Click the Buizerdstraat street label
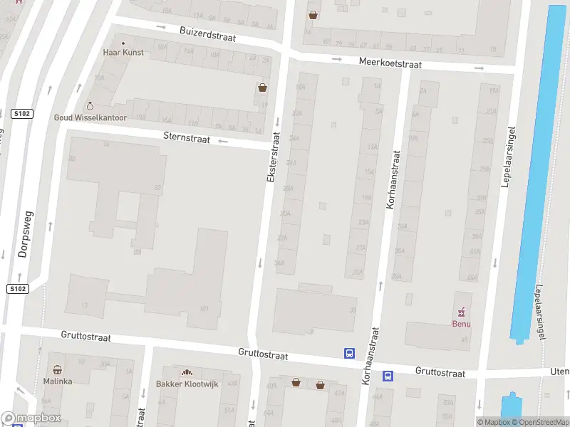click(207, 33)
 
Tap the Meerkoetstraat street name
click(390, 63)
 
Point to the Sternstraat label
click(186, 139)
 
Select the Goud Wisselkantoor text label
click(90, 117)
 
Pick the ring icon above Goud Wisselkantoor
click(90, 106)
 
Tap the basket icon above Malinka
click(58, 370)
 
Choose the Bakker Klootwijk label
click(187, 384)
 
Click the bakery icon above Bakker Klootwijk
click(187, 372)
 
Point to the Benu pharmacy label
click(462, 324)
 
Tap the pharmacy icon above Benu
click(462, 312)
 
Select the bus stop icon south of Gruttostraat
click(388, 376)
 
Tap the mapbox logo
click(30, 418)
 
